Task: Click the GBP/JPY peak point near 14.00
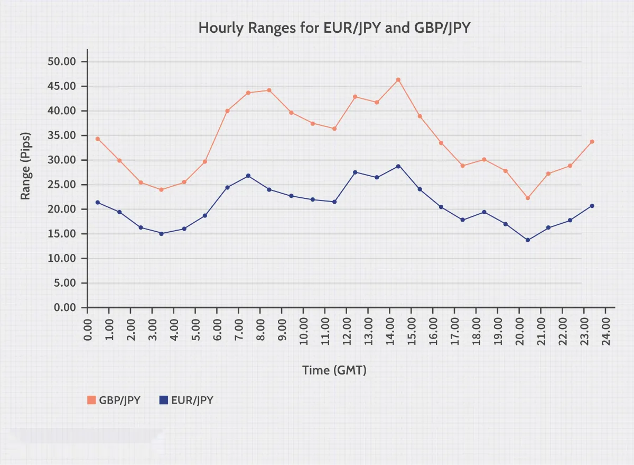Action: click(398, 80)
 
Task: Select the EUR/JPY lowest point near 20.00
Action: click(527, 240)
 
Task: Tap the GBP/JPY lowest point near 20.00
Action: click(527, 198)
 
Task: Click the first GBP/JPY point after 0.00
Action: click(97, 139)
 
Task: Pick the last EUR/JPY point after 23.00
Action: click(592, 206)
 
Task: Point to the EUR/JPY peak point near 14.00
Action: click(398, 166)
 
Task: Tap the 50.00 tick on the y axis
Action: click(62, 62)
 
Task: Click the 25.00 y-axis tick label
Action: click(62, 185)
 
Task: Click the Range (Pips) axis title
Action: click(25, 166)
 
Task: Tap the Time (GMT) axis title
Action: click(334, 370)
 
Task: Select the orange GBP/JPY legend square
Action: click(90, 400)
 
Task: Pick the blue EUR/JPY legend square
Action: click(163, 400)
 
